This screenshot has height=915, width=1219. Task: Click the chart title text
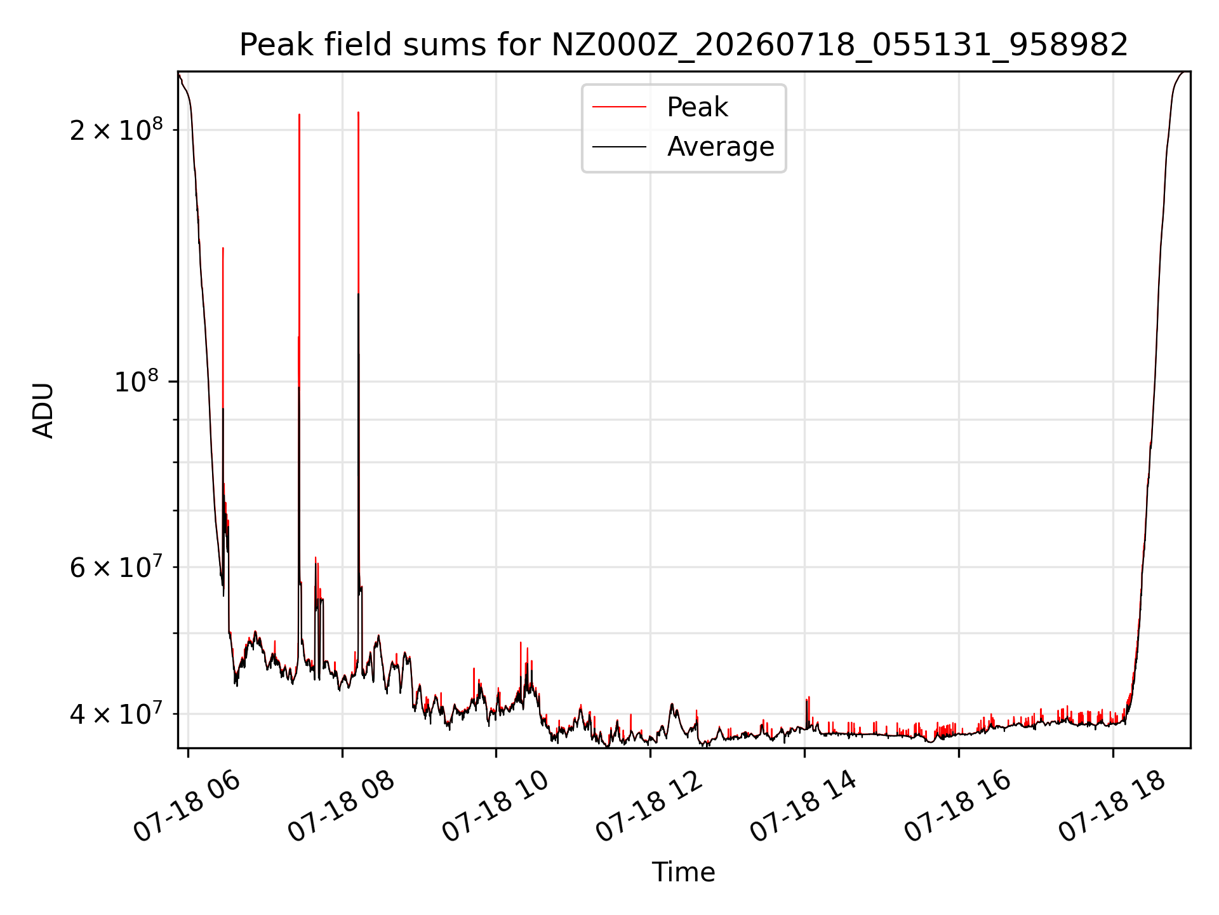[684, 45]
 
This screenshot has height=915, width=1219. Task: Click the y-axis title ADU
[43, 410]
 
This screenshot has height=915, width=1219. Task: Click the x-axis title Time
[684, 872]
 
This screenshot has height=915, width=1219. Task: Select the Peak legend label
[697, 107]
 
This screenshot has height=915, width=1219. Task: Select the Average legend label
[721, 147]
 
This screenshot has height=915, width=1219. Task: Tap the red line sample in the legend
[619, 107]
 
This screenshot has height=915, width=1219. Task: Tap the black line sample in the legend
[619, 147]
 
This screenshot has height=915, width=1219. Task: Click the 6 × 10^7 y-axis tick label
[116, 566]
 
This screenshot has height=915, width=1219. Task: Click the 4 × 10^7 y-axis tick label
[116, 713]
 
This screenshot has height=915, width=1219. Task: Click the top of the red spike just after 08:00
[359, 112]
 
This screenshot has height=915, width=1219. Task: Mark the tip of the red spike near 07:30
[299, 115]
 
